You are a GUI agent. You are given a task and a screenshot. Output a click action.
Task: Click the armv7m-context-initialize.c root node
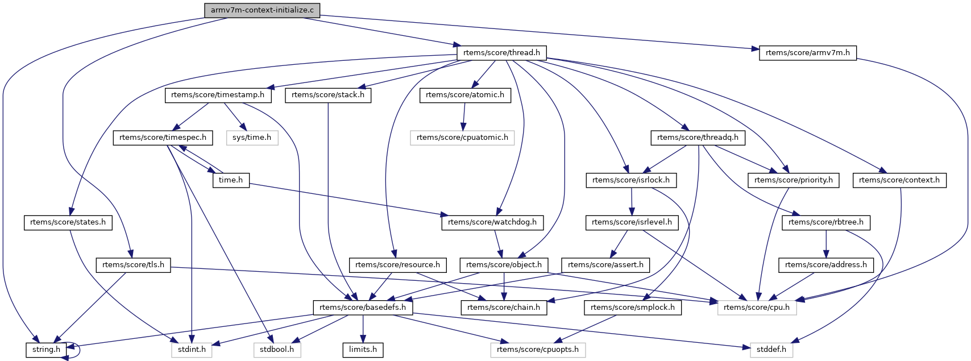click(262, 10)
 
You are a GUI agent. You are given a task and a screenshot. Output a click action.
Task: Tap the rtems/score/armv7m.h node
click(807, 53)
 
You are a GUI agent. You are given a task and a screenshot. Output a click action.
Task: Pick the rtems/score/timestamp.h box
click(218, 95)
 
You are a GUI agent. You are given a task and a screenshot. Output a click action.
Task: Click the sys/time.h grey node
click(252, 138)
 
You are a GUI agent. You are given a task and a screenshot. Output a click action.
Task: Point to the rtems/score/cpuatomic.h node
click(462, 138)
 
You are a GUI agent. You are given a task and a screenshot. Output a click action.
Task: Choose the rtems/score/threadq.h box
click(698, 138)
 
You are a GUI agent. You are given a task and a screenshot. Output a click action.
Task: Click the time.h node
click(231, 180)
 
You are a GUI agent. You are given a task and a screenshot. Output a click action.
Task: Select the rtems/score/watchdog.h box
click(492, 222)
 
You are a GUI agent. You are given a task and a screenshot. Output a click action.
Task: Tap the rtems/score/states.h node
click(68, 222)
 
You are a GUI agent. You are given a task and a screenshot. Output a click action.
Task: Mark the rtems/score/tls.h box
click(134, 265)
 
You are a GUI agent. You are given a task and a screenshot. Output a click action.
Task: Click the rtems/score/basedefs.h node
click(363, 308)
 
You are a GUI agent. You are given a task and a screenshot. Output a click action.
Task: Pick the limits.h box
click(363, 350)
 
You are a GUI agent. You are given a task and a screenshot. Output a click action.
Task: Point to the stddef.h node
click(771, 350)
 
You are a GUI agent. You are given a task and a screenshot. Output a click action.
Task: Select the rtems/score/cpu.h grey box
click(757, 308)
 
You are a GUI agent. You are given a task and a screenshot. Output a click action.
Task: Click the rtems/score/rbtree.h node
click(826, 222)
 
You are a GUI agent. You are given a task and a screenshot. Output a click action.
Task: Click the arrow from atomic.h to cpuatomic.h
click(464, 116)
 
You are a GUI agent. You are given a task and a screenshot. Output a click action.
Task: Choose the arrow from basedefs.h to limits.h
click(363, 329)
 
